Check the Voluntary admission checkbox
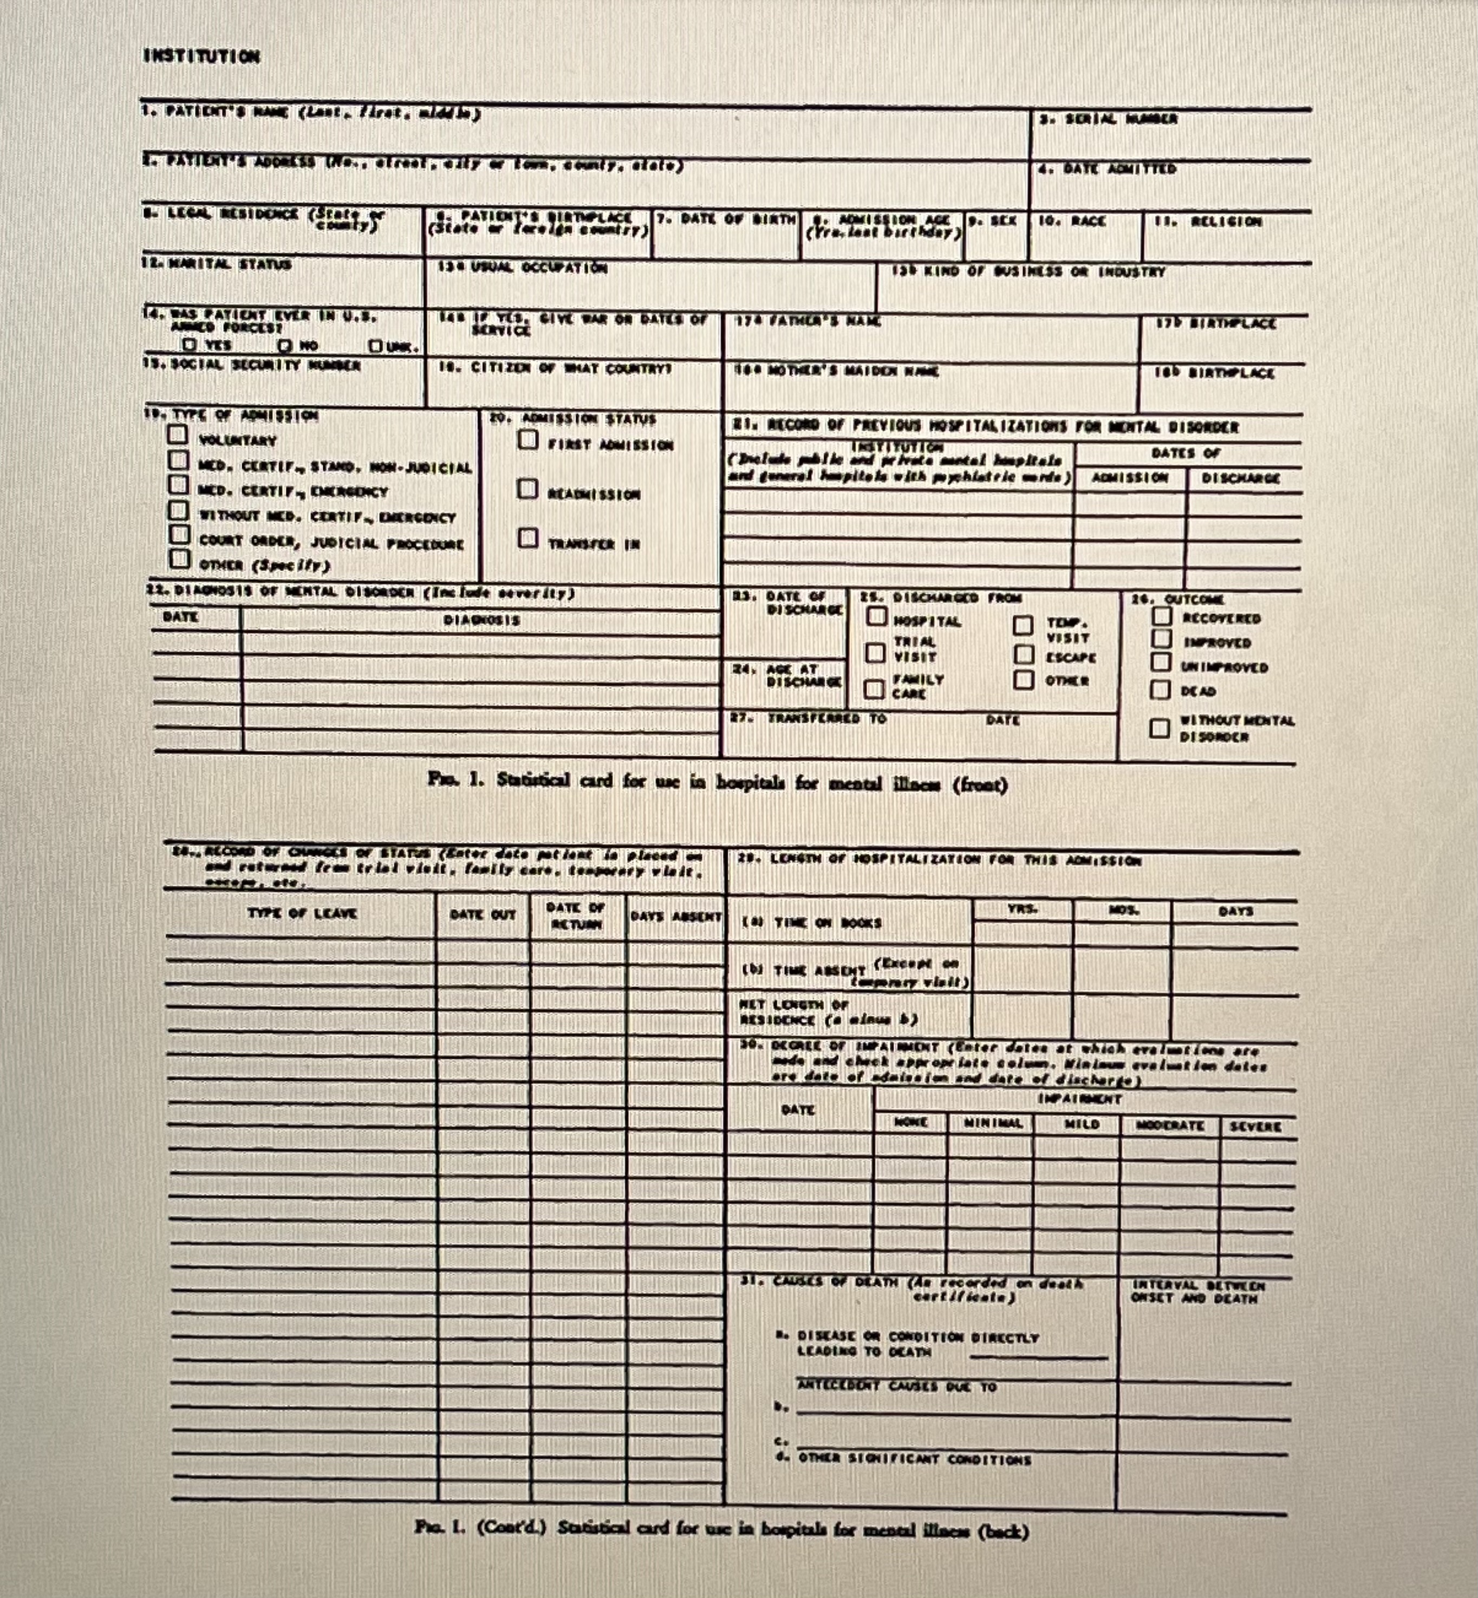click(178, 435)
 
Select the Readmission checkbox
click(527, 489)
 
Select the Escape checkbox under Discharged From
click(1024, 654)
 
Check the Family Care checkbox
click(875, 688)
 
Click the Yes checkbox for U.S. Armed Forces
click(190, 345)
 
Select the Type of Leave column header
click(302, 913)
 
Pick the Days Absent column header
click(676, 917)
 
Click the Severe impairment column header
click(1255, 1126)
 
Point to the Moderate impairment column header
click(1170, 1125)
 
